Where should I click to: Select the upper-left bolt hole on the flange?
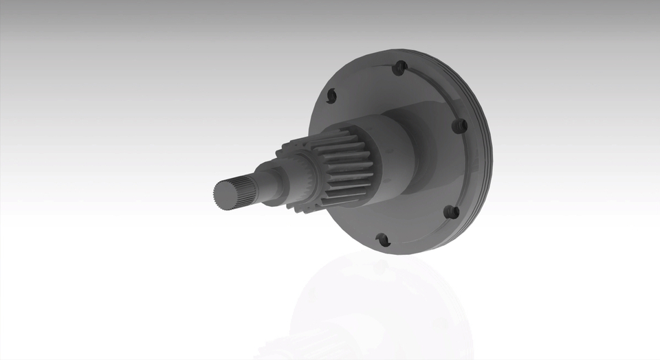(331, 95)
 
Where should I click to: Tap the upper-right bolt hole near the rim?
(459, 126)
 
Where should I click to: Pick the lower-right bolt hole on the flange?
(451, 212)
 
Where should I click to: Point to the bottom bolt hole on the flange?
(383, 240)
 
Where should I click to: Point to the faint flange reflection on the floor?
(385, 302)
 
